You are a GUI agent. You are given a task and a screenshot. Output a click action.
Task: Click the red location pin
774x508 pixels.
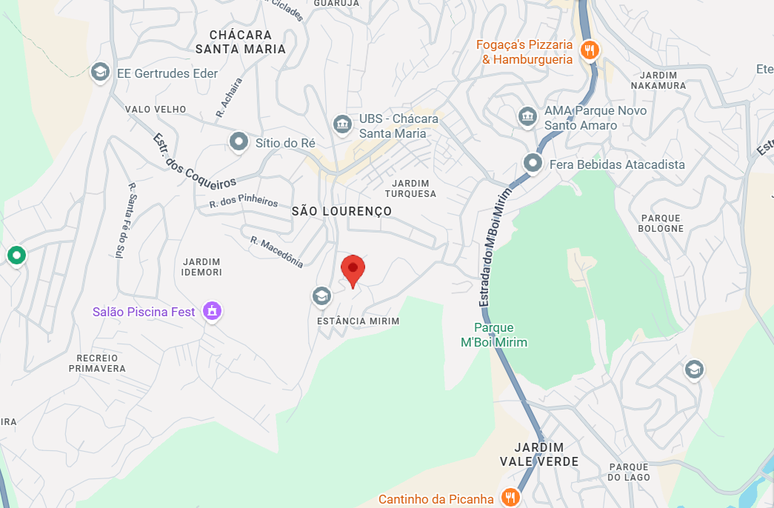coord(353,270)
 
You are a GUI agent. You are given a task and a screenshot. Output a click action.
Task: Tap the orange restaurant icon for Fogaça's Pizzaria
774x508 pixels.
coord(590,50)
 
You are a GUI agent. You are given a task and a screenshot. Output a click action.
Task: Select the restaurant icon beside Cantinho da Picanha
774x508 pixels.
coord(509,498)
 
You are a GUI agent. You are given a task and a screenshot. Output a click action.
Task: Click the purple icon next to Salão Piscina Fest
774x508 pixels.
coord(212,311)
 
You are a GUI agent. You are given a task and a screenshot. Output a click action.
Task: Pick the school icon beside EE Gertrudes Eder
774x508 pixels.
coord(99,72)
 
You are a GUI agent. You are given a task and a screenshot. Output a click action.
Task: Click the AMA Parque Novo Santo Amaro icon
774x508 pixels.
coord(527,116)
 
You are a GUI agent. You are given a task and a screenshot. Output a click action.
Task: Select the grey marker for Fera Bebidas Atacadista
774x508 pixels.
coord(533,163)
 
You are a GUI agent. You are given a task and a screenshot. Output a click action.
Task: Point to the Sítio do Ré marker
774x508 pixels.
coord(238,141)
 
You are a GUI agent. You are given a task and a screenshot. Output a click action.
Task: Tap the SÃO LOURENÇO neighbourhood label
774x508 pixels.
coord(341,212)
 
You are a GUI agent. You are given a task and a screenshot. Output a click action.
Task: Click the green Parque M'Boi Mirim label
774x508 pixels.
coord(493,335)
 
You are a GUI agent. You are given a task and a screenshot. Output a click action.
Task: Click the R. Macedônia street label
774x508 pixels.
coord(277,252)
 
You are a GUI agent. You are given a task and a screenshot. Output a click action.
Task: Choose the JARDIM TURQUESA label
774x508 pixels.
coord(411,188)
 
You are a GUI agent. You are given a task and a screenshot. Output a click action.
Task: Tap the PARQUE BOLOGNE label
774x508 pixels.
coord(661,223)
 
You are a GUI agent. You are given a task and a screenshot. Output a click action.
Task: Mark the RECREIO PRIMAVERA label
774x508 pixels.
coord(97,362)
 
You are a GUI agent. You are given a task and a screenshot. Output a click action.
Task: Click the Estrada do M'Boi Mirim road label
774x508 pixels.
coord(496,247)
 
